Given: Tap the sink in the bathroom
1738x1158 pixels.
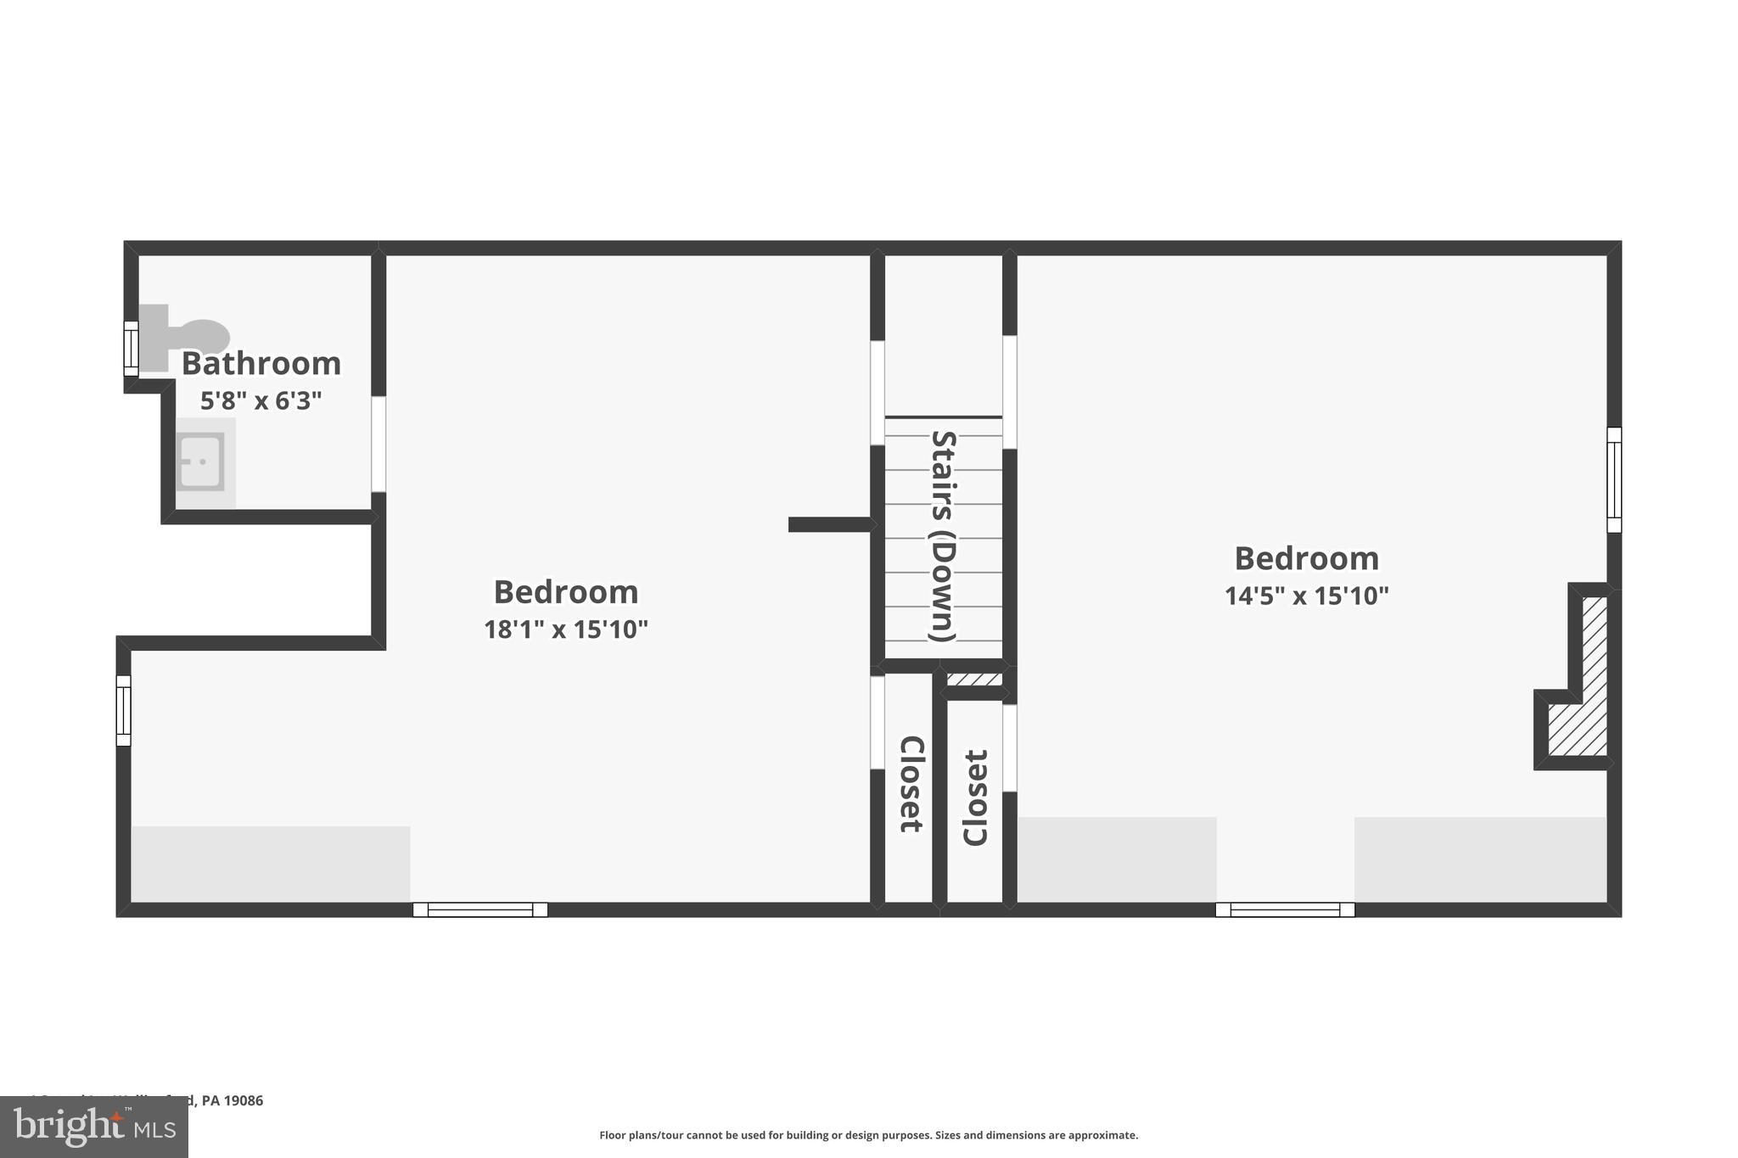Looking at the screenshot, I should [x=201, y=462].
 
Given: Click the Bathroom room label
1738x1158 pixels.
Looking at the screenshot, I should [x=261, y=364].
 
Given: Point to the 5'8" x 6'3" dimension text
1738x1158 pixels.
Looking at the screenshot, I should [x=261, y=400].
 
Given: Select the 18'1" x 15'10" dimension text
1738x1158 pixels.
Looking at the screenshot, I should [x=566, y=629].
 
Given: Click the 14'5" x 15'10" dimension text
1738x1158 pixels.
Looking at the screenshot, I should [x=1306, y=596].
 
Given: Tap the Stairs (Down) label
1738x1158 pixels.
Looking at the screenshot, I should [x=944, y=536].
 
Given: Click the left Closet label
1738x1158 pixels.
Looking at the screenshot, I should [x=910, y=784].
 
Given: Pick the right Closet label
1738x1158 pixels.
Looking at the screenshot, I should [x=975, y=797].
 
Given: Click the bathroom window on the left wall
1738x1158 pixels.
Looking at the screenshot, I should [x=131, y=349].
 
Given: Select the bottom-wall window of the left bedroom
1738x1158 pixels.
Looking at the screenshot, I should [x=480, y=910].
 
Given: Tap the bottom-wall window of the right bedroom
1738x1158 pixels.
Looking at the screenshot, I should [x=1285, y=910].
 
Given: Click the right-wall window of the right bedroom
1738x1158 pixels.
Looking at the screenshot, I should [x=1614, y=480].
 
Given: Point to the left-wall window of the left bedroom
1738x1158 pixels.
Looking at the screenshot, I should [x=124, y=711].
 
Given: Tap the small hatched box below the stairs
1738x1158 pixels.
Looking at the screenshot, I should [x=974, y=680].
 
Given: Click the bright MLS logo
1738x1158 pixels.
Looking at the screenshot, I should [x=94, y=1127].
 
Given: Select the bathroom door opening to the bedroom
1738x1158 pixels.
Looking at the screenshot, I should [x=378, y=444].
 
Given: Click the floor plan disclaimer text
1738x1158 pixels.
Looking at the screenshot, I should [x=868, y=1135].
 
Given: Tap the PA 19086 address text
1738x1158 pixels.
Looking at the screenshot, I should [x=232, y=1100].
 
